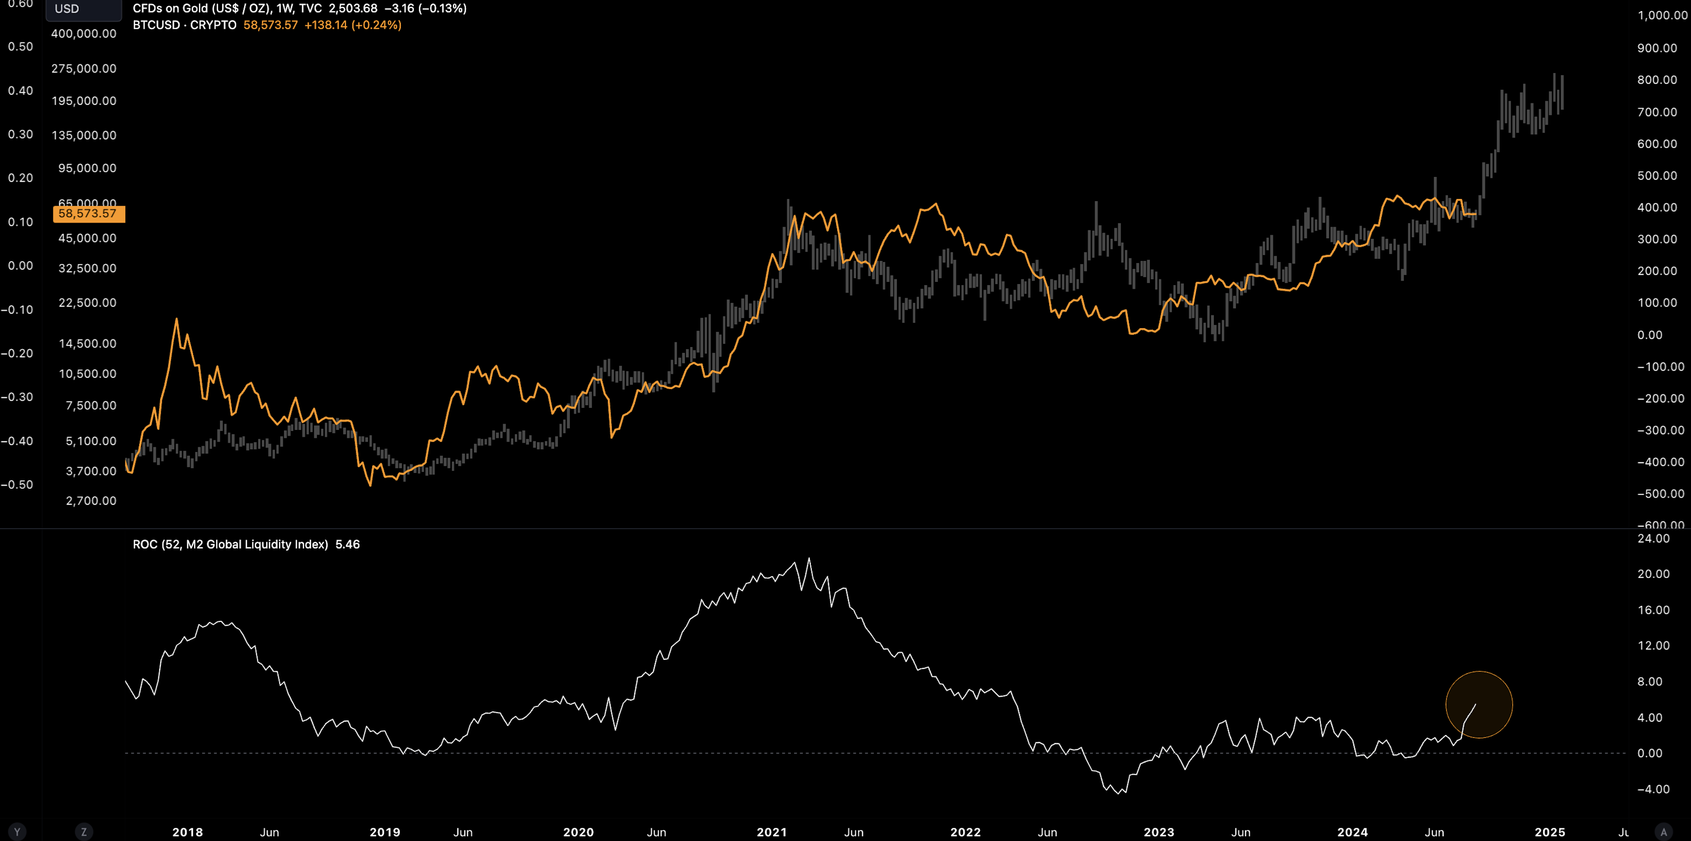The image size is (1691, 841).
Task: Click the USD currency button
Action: tap(67, 8)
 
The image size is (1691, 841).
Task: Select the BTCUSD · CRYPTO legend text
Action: tap(184, 25)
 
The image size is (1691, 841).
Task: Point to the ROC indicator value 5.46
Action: tap(347, 544)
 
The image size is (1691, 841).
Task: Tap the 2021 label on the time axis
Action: tap(771, 832)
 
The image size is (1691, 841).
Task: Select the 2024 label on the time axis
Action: tap(1352, 832)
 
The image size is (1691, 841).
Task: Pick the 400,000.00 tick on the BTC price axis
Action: tap(83, 34)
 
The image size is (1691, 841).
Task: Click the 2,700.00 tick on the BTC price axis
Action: tap(91, 501)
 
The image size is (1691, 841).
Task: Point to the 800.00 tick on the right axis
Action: tap(1657, 80)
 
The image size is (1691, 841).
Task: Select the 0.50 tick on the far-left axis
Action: tap(20, 47)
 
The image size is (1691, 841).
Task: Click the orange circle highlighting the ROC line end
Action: tap(1479, 705)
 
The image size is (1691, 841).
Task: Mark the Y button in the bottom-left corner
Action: tap(17, 832)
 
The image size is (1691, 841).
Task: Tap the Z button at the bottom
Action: tap(83, 832)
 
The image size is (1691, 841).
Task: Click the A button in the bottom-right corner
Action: tap(1663, 832)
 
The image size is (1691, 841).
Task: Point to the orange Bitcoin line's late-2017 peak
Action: tap(176, 320)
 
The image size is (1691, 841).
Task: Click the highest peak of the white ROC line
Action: tap(809, 559)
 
